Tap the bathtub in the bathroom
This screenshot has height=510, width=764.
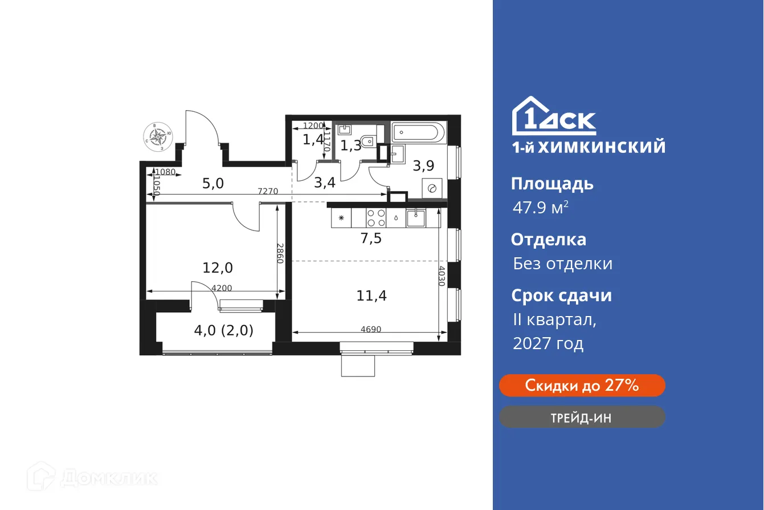(x=418, y=133)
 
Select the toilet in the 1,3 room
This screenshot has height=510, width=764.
(x=370, y=138)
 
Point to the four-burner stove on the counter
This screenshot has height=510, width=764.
(x=375, y=218)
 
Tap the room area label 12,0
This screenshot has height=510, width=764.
(x=218, y=267)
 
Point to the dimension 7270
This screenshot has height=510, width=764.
(x=268, y=192)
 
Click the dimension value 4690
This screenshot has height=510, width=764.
(x=371, y=329)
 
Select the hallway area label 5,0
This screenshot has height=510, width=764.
(x=213, y=183)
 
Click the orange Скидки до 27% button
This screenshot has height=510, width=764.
(x=582, y=386)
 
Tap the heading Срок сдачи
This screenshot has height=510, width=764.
(x=561, y=296)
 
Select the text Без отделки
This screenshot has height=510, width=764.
(x=562, y=264)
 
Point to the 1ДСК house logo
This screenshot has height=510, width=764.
(x=553, y=116)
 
